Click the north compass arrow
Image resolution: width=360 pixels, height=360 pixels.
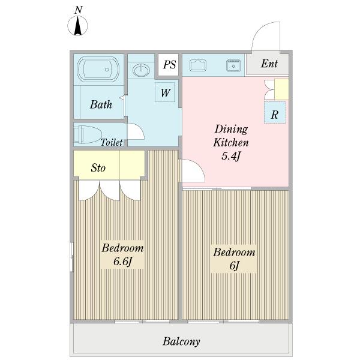tap(78, 26)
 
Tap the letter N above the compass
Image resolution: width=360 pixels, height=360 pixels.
tap(78, 10)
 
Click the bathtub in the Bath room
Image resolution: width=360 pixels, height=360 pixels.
tap(98, 69)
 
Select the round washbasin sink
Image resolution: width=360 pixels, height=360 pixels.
tap(141, 70)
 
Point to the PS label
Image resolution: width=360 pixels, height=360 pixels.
tap(169, 65)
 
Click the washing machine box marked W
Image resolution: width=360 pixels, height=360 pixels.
tap(165, 92)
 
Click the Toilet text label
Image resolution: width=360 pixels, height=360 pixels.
tap(112, 142)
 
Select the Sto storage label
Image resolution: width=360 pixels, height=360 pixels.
tap(98, 167)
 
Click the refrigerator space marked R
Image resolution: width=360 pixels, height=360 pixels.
tap(275, 113)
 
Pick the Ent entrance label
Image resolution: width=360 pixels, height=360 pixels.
tap(269, 64)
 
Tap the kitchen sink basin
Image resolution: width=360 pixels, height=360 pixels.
tap(233, 65)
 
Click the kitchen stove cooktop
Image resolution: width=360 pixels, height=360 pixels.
tap(198, 65)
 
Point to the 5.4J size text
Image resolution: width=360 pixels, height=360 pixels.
tap(231, 156)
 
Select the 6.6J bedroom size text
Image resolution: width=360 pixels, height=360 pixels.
tap(122, 261)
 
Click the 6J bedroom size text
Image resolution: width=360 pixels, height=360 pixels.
tap(234, 266)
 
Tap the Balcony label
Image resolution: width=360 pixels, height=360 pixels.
tap(181, 341)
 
